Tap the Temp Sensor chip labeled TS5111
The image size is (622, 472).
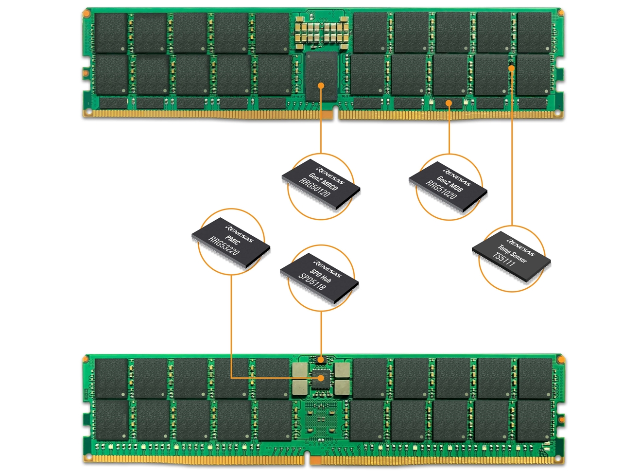(x=511, y=258)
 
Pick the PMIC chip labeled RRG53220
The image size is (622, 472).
(x=231, y=242)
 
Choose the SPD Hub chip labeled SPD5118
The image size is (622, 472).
(x=320, y=279)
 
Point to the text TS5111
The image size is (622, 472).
(x=504, y=260)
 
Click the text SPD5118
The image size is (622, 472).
(x=312, y=282)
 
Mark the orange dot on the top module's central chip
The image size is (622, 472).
(x=321, y=86)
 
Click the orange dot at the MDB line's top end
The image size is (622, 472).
(x=449, y=103)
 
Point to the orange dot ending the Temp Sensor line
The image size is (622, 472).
(x=511, y=69)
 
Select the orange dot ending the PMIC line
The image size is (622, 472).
(x=321, y=378)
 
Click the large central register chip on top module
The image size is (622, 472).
(x=321, y=75)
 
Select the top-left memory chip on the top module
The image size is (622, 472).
(x=111, y=33)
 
